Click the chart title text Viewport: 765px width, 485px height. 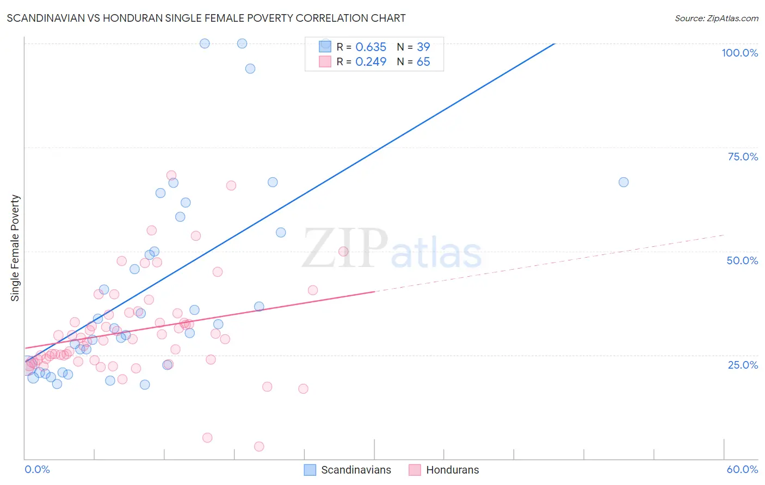point(206,18)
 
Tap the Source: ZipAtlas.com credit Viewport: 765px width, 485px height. point(716,18)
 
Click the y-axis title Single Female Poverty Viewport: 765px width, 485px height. point(15,248)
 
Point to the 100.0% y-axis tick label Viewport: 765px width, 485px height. point(739,53)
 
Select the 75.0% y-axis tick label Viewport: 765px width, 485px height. point(743,157)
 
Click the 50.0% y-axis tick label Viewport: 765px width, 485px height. point(742,260)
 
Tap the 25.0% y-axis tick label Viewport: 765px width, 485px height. point(743,364)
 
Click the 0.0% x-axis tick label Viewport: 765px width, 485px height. point(37,469)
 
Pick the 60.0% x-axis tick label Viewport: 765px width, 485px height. point(742,469)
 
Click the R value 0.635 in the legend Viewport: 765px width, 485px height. point(371,47)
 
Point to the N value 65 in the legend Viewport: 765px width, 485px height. point(423,62)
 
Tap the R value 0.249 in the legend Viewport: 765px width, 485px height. point(371,62)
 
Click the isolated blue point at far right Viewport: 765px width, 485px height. point(624,182)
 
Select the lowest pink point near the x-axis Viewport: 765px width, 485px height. point(259,446)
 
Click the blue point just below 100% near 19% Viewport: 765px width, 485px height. point(250,69)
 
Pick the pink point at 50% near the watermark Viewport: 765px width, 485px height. point(343,251)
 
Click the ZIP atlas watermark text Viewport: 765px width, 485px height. point(392,249)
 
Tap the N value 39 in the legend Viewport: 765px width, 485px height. point(423,47)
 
